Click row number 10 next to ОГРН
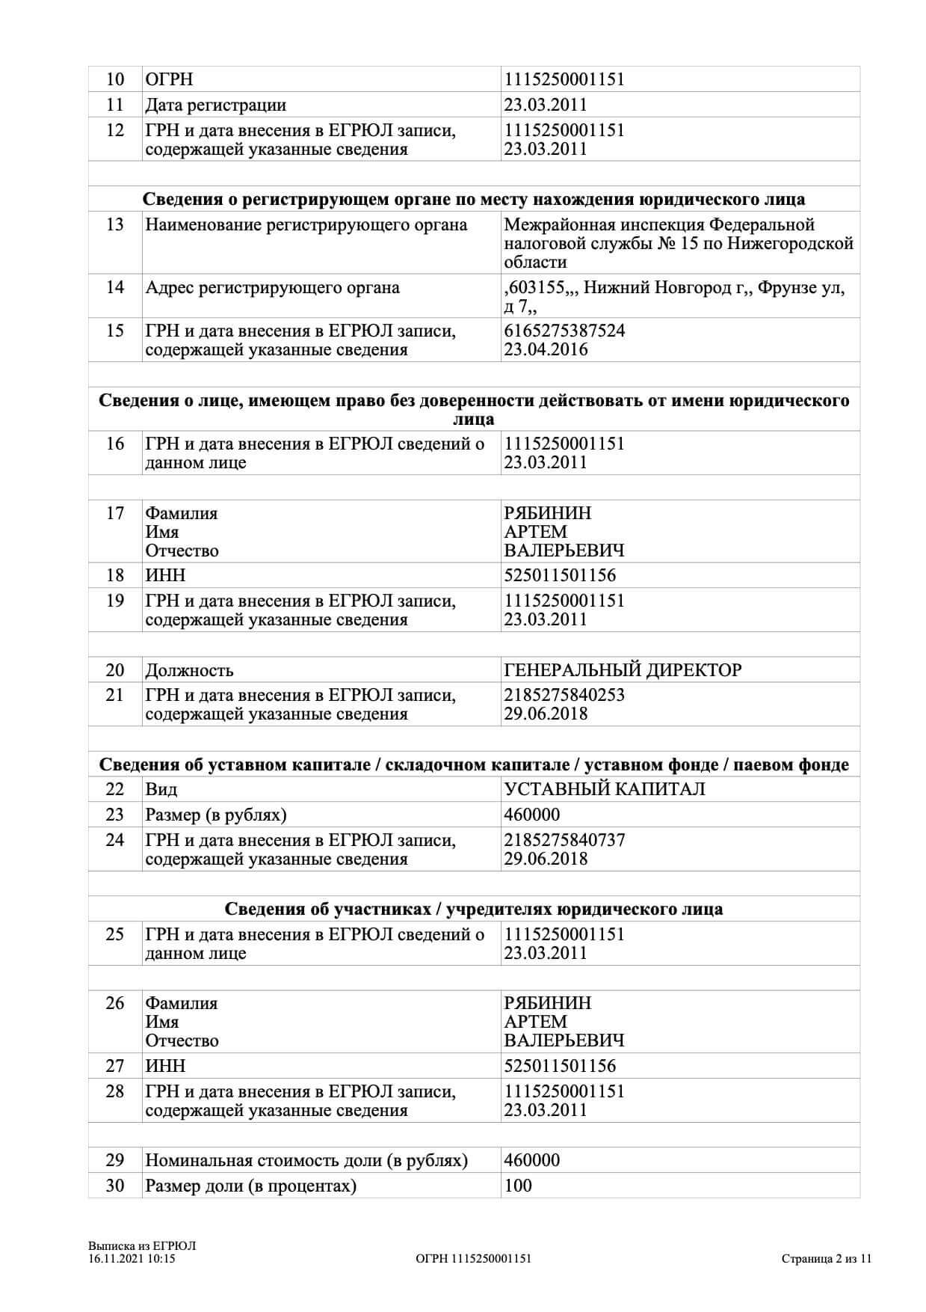click(115, 79)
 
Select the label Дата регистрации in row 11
click(215, 105)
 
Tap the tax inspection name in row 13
click(678, 243)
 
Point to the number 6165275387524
click(564, 331)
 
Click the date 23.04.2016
click(546, 349)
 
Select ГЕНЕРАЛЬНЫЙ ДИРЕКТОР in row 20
click(623, 669)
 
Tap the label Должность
click(189, 670)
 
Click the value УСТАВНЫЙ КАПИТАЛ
click(605, 789)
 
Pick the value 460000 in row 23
click(531, 815)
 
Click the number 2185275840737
click(564, 840)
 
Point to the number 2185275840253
click(564, 695)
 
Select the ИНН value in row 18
click(560, 575)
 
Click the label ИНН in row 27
click(165, 1066)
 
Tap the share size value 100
click(518, 1186)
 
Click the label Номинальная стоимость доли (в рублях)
click(306, 1160)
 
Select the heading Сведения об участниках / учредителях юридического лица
click(474, 909)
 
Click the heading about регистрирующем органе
click(474, 199)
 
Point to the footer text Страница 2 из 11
click(827, 1258)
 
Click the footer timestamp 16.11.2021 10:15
click(132, 1258)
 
